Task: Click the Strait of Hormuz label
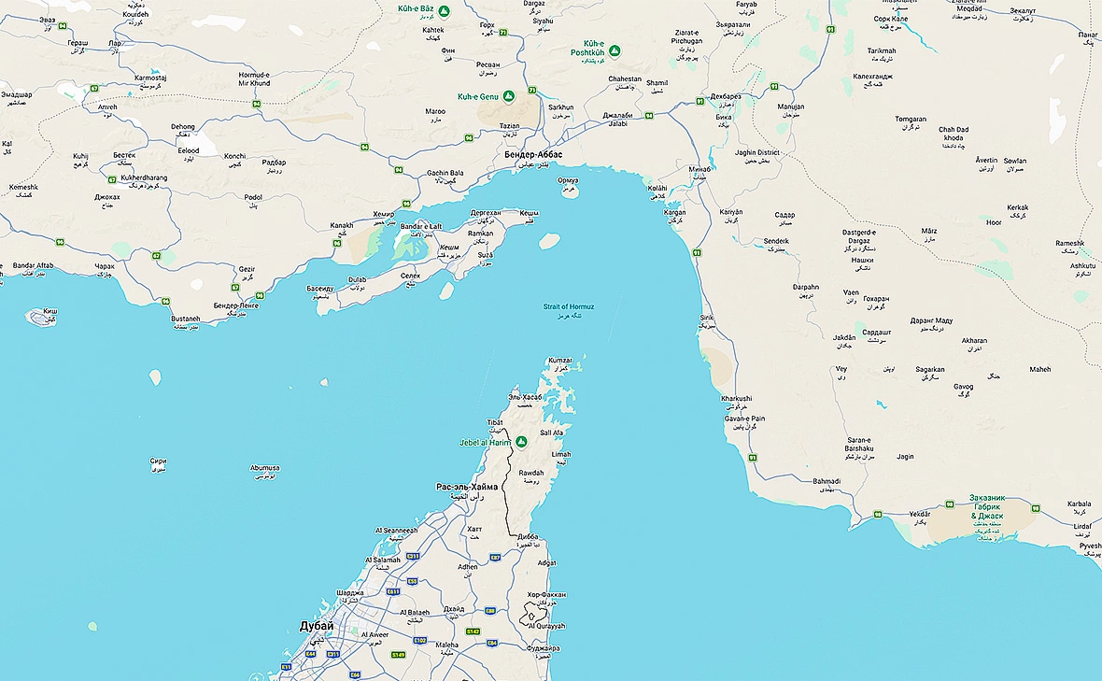tap(569, 307)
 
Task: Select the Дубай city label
tap(316, 626)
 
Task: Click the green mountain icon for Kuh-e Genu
tap(509, 96)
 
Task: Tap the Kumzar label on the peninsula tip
tap(559, 361)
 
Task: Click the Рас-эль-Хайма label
tap(467, 487)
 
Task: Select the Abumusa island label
tap(264, 468)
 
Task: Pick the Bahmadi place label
tap(826, 482)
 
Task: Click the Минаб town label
tap(699, 169)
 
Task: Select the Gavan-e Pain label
tap(744, 419)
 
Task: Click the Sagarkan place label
tap(929, 369)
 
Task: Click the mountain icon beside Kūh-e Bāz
tap(445, 11)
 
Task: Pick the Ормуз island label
tap(568, 179)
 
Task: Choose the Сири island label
tap(158, 461)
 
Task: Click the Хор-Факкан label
tap(546, 594)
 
